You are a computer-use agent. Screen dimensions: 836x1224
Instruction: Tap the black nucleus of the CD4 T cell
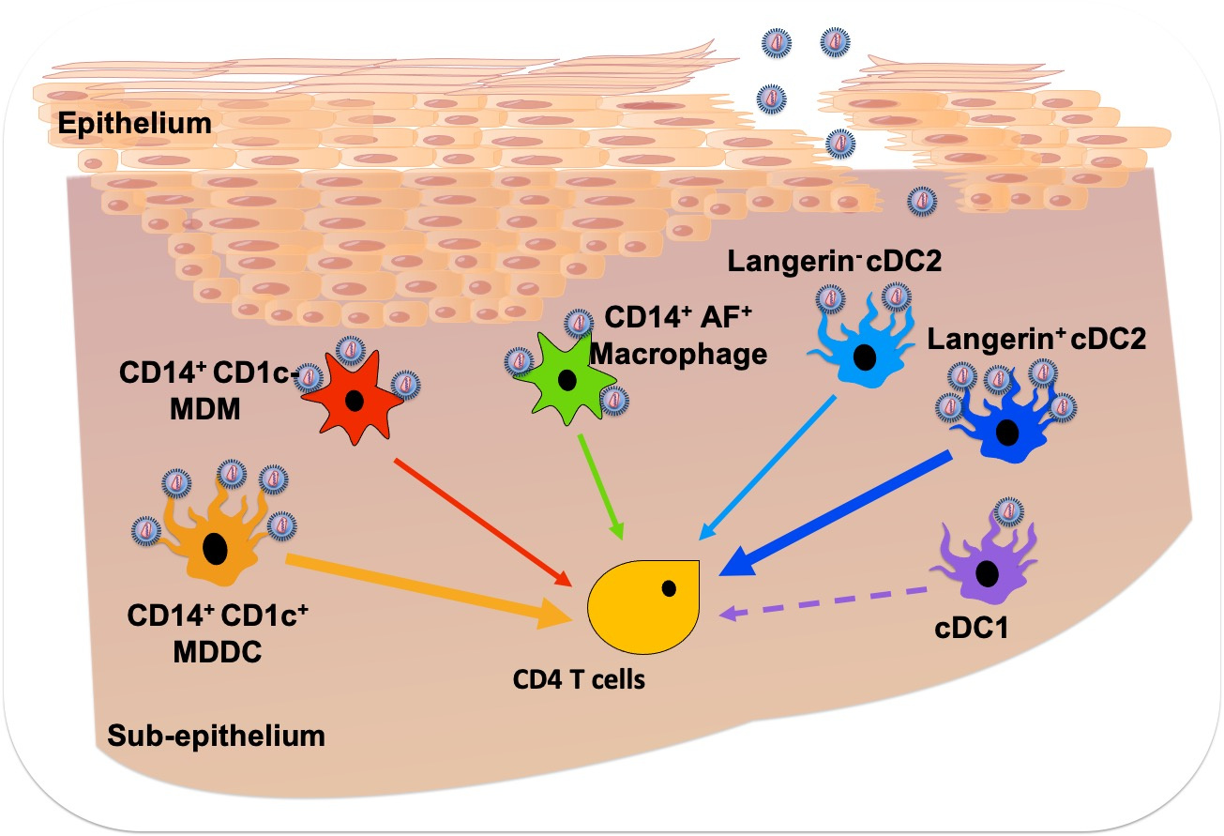(669, 588)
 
